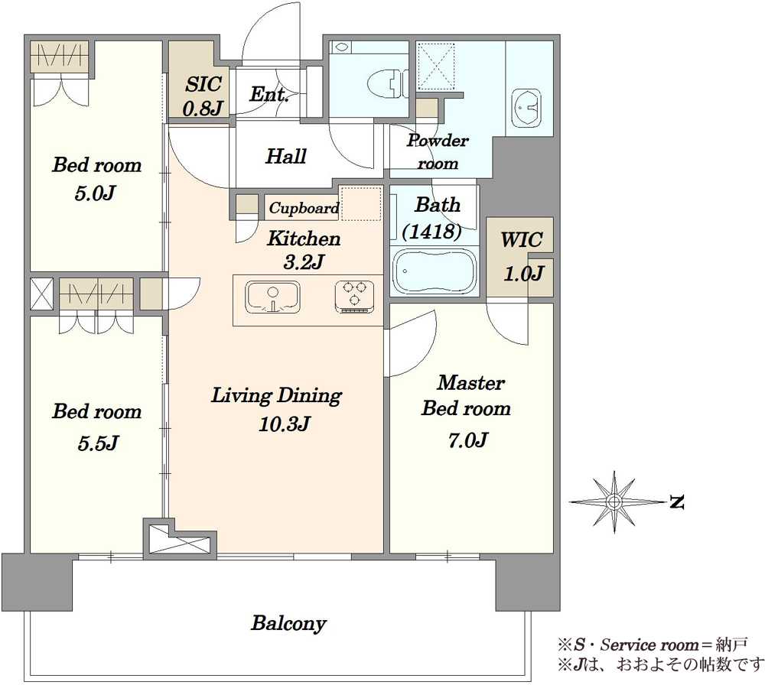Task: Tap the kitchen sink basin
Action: pyautogui.click(x=273, y=297)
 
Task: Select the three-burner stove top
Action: pyautogui.click(x=355, y=297)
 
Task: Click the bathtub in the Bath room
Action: pyautogui.click(x=434, y=271)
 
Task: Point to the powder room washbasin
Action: pyautogui.click(x=526, y=107)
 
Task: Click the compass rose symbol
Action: pyautogui.click(x=614, y=502)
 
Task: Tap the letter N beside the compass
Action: pyautogui.click(x=676, y=502)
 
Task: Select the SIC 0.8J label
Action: pyautogui.click(x=203, y=96)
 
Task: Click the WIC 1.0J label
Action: pyautogui.click(x=522, y=257)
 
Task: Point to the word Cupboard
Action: pyautogui.click(x=304, y=209)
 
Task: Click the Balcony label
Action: pyautogui.click(x=289, y=624)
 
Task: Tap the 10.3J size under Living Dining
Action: pyautogui.click(x=284, y=424)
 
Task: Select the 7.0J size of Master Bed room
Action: pyautogui.click(x=468, y=440)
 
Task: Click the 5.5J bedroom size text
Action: pyautogui.click(x=98, y=443)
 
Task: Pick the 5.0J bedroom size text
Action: pyautogui.click(x=95, y=193)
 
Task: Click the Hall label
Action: pyautogui.click(x=286, y=156)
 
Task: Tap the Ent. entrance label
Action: pyautogui.click(x=269, y=94)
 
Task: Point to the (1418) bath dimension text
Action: pyautogui.click(x=432, y=231)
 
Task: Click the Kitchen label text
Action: pyautogui.click(x=304, y=239)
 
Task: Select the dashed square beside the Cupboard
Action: pyautogui.click(x=360, y=203)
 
